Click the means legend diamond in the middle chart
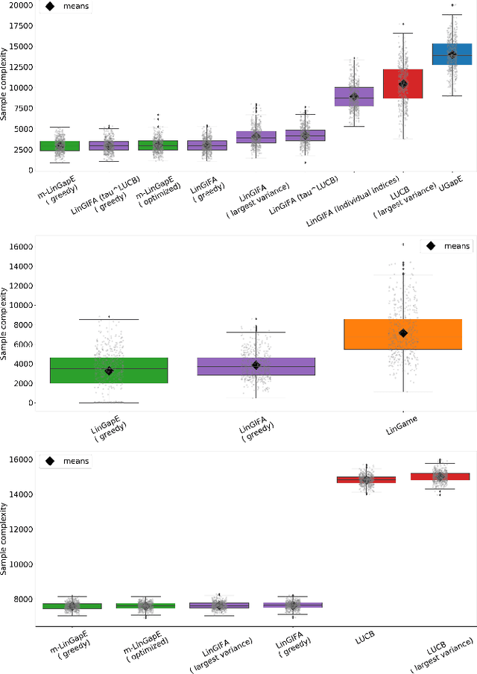click(430, 246)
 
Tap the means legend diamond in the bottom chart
click(51, 462)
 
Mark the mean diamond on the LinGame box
click(403, 333)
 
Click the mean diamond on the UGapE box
click(452, 54)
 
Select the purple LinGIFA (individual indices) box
click(353, 96)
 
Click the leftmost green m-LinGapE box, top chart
click(60, 145)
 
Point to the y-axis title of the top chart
click(5, 84)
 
